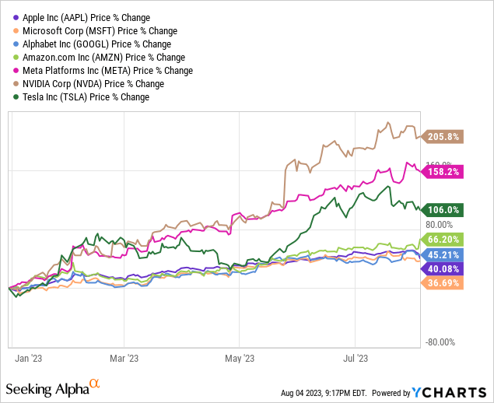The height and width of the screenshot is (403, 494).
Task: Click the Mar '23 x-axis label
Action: pos(124,359)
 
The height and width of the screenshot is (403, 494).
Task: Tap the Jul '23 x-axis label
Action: pos(356,359)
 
